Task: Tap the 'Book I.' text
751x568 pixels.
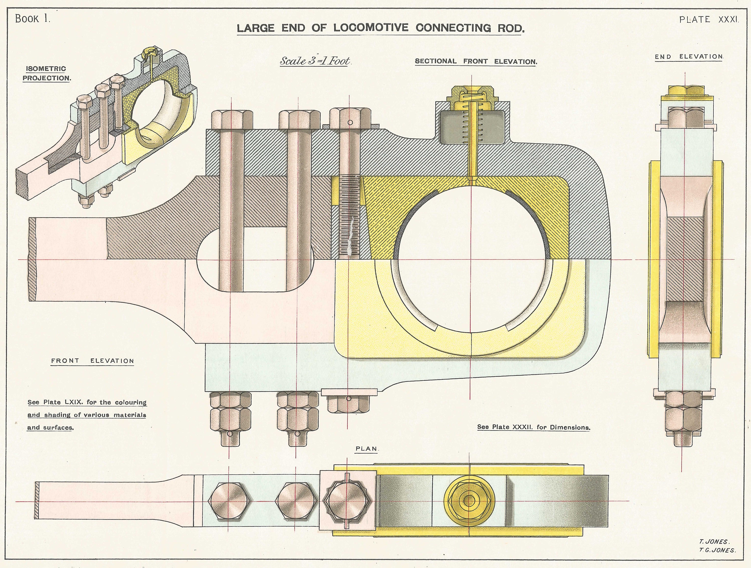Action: click(33, 19)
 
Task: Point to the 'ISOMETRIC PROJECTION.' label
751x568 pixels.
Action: click(47, 73)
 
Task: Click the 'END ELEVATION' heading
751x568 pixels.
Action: click(689, 57)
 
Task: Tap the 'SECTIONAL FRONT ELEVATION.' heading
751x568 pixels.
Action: click(476, 61)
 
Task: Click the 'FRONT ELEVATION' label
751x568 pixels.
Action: click(92, 361)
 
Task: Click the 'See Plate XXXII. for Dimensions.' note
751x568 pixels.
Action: click(534, 427)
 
